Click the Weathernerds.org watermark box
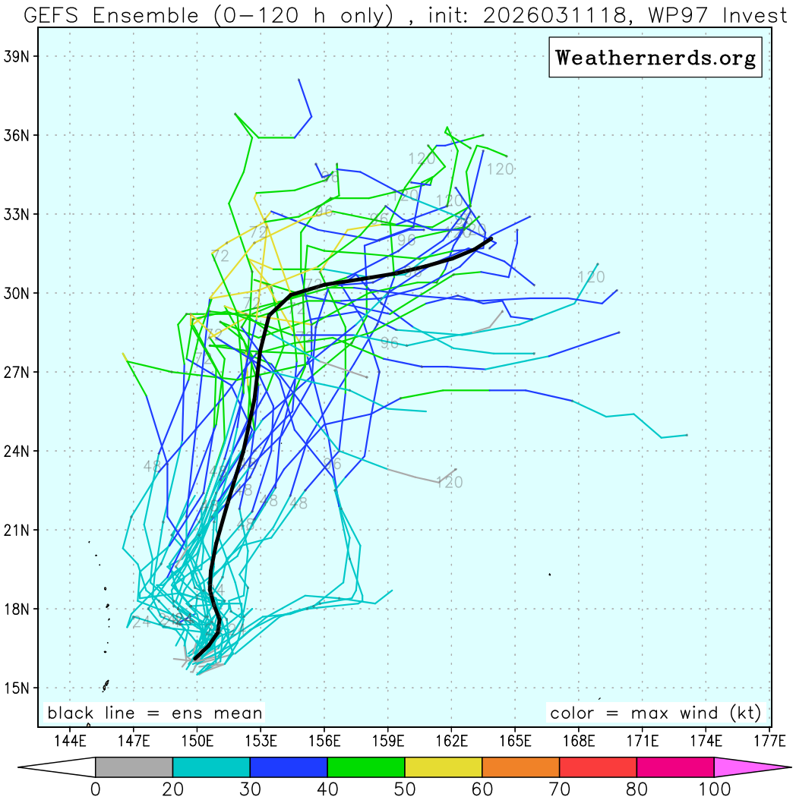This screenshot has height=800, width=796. (655, 58)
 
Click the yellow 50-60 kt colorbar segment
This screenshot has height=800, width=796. (444, 767)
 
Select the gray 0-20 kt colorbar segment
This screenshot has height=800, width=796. (134, 767)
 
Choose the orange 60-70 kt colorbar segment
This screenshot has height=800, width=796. (521, 767)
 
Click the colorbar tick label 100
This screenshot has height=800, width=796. (714, 789)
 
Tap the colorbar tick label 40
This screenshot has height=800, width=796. (327, 789)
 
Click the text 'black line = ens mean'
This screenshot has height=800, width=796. (155, 713)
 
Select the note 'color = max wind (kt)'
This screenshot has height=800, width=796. (655, 713)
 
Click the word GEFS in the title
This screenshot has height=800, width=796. (55, 15)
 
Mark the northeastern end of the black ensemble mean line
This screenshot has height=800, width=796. (492, 238)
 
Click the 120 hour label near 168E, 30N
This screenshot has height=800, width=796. (591, 277)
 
